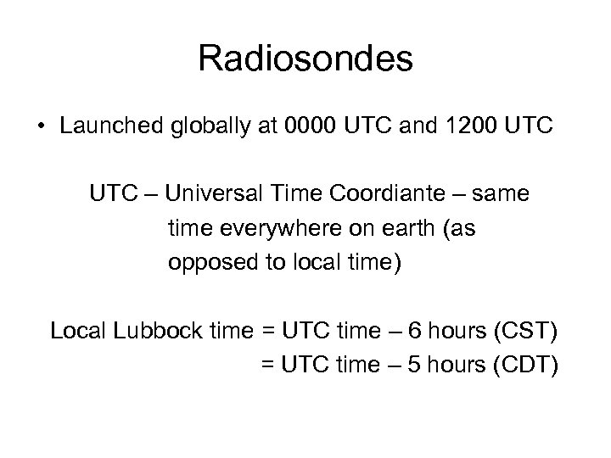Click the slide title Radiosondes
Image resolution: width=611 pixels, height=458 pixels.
click(x=305, y=60)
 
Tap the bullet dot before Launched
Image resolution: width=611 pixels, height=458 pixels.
click(x=41, y=127)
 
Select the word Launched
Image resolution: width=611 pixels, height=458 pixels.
click(x=104, y=127)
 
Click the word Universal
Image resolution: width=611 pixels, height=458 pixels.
click(x=215, y=194)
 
